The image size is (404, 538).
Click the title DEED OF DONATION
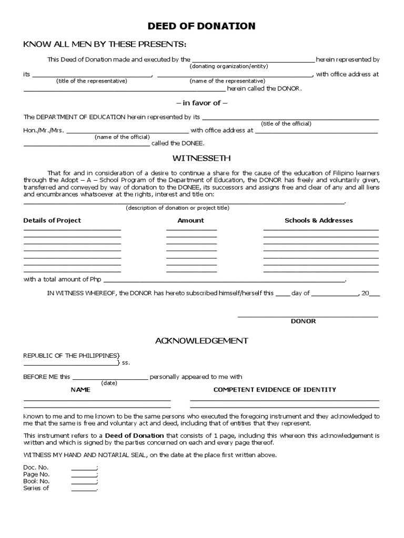click(201, 26)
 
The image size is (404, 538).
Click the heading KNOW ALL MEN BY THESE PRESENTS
click(105, 44)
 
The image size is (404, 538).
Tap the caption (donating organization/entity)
click(229, 66)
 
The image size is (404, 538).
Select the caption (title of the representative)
click(92, 81)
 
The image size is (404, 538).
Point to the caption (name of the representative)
click(227, 81)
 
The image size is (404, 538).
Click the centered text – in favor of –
click(201, 103)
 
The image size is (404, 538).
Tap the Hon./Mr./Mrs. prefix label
click(44, 130)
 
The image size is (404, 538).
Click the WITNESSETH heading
click(201, 158)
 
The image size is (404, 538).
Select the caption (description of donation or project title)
click(177, 208)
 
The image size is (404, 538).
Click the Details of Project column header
click(52, 220)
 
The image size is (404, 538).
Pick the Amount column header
click(190, 220)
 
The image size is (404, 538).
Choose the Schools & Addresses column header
click(319, 220)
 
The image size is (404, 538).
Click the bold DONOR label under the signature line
click(304, 321)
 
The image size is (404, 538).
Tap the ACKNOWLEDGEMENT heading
click(201, 341)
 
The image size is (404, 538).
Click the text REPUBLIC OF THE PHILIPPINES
click(72, 356)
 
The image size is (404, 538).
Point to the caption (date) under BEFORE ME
click(109, 383)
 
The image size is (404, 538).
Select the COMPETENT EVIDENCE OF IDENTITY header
click(275, 390)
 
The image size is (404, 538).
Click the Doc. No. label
click(36, 468)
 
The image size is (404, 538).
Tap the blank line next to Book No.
click(84, 481)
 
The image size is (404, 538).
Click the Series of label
click(36, 488)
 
